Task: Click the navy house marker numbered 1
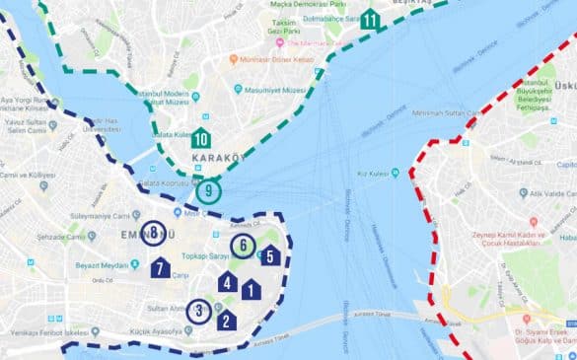(x=252, y=290)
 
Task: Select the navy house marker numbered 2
(x=226, y=320)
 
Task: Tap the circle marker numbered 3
(x=199, y=312)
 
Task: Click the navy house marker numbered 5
(x=270, y=255)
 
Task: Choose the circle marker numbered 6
(x=243, y=247)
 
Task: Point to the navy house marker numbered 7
(x=161, y=267)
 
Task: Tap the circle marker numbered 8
(x=154, y=233)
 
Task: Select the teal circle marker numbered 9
(x=208, y=190)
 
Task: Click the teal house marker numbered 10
(x=201, y=138)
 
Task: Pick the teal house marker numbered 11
(x=370, y=19)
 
